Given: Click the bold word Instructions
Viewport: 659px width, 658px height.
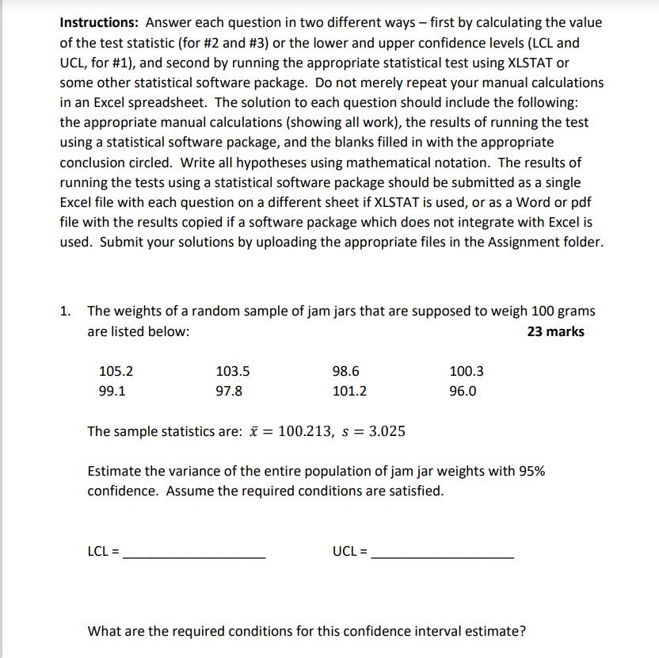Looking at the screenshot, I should (100, 22).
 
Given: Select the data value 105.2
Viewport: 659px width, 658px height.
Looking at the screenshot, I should (116, 370).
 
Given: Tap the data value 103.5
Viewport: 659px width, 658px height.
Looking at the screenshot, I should (233, 370).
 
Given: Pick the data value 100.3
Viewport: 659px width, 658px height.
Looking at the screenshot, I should (466, 370).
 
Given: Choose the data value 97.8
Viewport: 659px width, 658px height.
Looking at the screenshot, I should (229, 391).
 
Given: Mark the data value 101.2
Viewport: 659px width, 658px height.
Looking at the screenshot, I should (349, 391).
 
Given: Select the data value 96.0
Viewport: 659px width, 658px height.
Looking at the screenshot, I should (463, 391).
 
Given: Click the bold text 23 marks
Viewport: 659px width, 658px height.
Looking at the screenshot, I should (555, 331).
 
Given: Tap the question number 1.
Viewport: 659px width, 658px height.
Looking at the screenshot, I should (66, 311).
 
